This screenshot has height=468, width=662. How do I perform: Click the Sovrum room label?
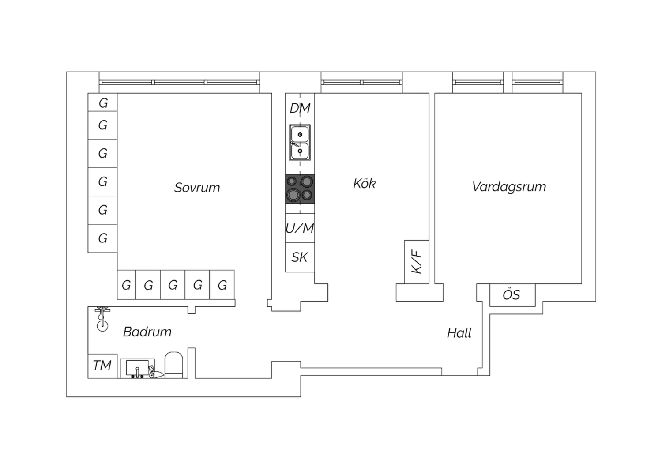[197, 188]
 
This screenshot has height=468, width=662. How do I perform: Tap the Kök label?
[364, 183]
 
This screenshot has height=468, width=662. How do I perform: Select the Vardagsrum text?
[509, 186]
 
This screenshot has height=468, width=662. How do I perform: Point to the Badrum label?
[147, 332]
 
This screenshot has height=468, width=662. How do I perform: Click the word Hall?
[459, 333]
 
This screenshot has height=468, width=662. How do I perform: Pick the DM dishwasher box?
[300, 108]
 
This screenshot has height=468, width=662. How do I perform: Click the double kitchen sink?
[300, 143]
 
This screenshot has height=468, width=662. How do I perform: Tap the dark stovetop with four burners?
[300, 189]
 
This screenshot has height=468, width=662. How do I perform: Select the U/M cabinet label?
[300, 228]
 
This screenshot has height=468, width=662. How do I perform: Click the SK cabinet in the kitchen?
[300, 257]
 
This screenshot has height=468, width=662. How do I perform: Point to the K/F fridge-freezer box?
[417, 262]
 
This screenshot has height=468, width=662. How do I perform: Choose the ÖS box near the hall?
[512, 294]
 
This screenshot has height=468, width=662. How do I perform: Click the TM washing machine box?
[102, 366]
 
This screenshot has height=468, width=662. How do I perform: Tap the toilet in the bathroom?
[173, 365]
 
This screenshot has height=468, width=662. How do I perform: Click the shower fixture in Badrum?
[102, 319]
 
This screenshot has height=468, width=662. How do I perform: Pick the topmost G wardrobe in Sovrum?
[103, 102]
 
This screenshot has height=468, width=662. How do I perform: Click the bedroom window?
[179, 82]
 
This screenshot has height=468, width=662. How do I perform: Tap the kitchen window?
[361, 82]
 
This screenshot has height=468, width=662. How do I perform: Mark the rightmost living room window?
[538, 82]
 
